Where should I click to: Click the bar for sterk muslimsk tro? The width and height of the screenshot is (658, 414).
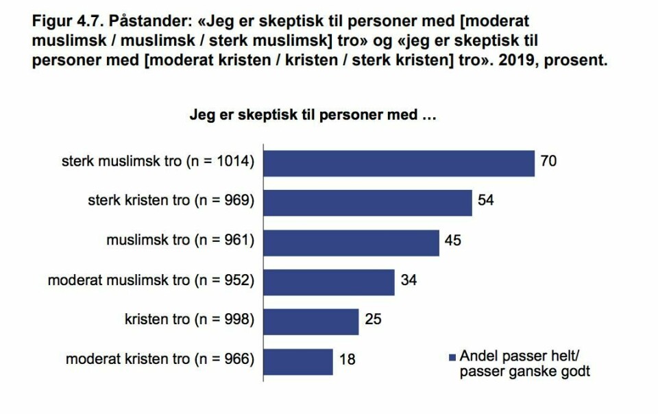point(399,162)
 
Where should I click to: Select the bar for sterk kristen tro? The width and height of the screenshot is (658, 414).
point(368,202)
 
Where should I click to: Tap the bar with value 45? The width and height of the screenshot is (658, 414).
point(352,241)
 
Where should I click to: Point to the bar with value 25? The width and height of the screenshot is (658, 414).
point(311,320)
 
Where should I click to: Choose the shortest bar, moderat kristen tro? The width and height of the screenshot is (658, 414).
point(298,360)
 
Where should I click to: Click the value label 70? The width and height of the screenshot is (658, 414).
point(548,162)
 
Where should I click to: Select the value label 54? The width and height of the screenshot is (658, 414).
point(486,202)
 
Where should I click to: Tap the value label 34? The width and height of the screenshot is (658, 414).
point(409,280)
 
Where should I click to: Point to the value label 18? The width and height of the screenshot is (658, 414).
point(348,360)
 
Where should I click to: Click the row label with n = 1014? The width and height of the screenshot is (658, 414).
point(158,162)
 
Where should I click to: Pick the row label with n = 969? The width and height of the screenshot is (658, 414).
point(171,202)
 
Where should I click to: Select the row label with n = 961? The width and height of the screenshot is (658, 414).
point(180,241)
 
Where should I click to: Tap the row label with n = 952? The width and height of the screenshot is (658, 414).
point(151,280)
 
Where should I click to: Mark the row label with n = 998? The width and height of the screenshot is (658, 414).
point(189,320)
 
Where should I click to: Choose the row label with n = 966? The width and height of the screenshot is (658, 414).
point(160,360)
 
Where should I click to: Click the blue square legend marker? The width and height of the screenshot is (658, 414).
point(451,357)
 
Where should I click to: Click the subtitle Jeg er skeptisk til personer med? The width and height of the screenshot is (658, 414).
point(313,115)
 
